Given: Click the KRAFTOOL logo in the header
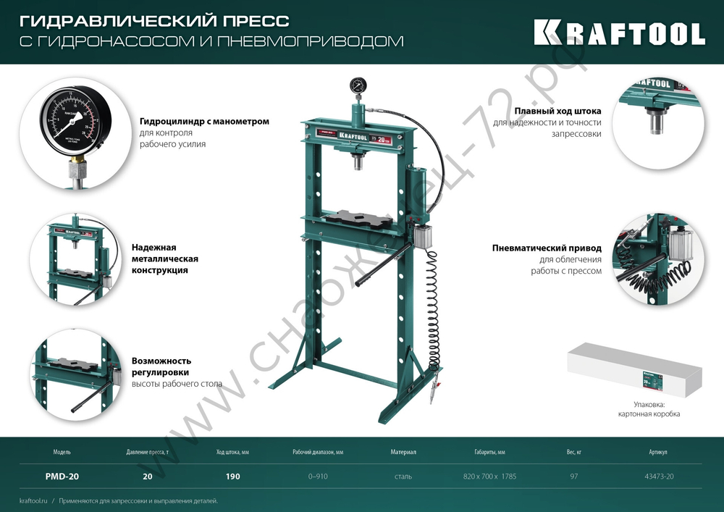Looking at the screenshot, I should point(619,33).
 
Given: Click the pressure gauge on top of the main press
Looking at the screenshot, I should point(356,85).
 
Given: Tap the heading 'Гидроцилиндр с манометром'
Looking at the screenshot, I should point(204,122).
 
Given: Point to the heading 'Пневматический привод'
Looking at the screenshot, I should point(547,248).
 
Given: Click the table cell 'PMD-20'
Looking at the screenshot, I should point(62,477).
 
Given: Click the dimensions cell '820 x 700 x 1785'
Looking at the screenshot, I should point(489,477).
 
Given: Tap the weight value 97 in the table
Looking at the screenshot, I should point(574,477).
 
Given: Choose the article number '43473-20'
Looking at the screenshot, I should point(658,477).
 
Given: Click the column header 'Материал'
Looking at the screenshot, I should point(403,452).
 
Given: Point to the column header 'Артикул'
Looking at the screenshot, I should point(658,452).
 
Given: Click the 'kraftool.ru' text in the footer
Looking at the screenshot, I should point(33,500).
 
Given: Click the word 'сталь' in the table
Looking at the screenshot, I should point(403,477).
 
